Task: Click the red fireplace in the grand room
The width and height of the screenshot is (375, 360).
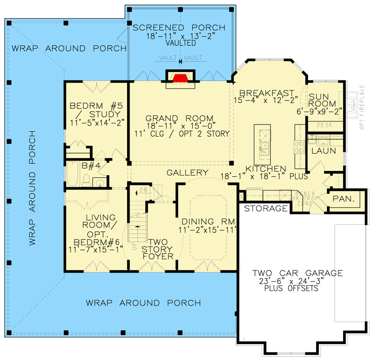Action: [x=180, y=77]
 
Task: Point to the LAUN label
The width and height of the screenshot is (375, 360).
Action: [x=323, y=150]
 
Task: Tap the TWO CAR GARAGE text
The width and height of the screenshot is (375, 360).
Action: [x=297, y=273]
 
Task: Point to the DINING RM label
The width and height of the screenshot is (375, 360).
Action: [x=204, y=221]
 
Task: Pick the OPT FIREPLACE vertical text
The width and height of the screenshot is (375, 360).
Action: [x=361, y=107]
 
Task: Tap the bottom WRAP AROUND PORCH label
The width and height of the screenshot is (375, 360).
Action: [x=143, y=303]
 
